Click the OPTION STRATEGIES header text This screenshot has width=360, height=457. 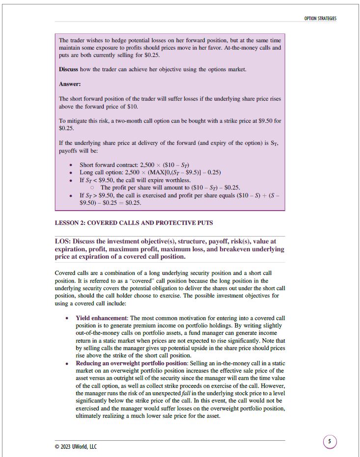click(320, 19)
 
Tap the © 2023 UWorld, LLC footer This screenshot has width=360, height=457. click(76, 446)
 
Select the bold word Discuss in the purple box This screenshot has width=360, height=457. click(68, 70)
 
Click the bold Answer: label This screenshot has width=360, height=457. click(70, 84)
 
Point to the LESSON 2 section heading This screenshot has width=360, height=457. click(134, 223)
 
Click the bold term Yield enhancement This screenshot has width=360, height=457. click(101, 318)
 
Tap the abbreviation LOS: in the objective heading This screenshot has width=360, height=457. click(64, 242)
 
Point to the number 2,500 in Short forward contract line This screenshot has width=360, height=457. click(148, 165)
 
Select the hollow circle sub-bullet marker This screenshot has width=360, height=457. click(92, 188)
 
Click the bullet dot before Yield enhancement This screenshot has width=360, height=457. click(67, 319)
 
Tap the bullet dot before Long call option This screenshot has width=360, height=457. click(72, 173)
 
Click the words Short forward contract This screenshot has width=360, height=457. click(109, 165)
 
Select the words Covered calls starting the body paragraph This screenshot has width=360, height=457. click(72, 272)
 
